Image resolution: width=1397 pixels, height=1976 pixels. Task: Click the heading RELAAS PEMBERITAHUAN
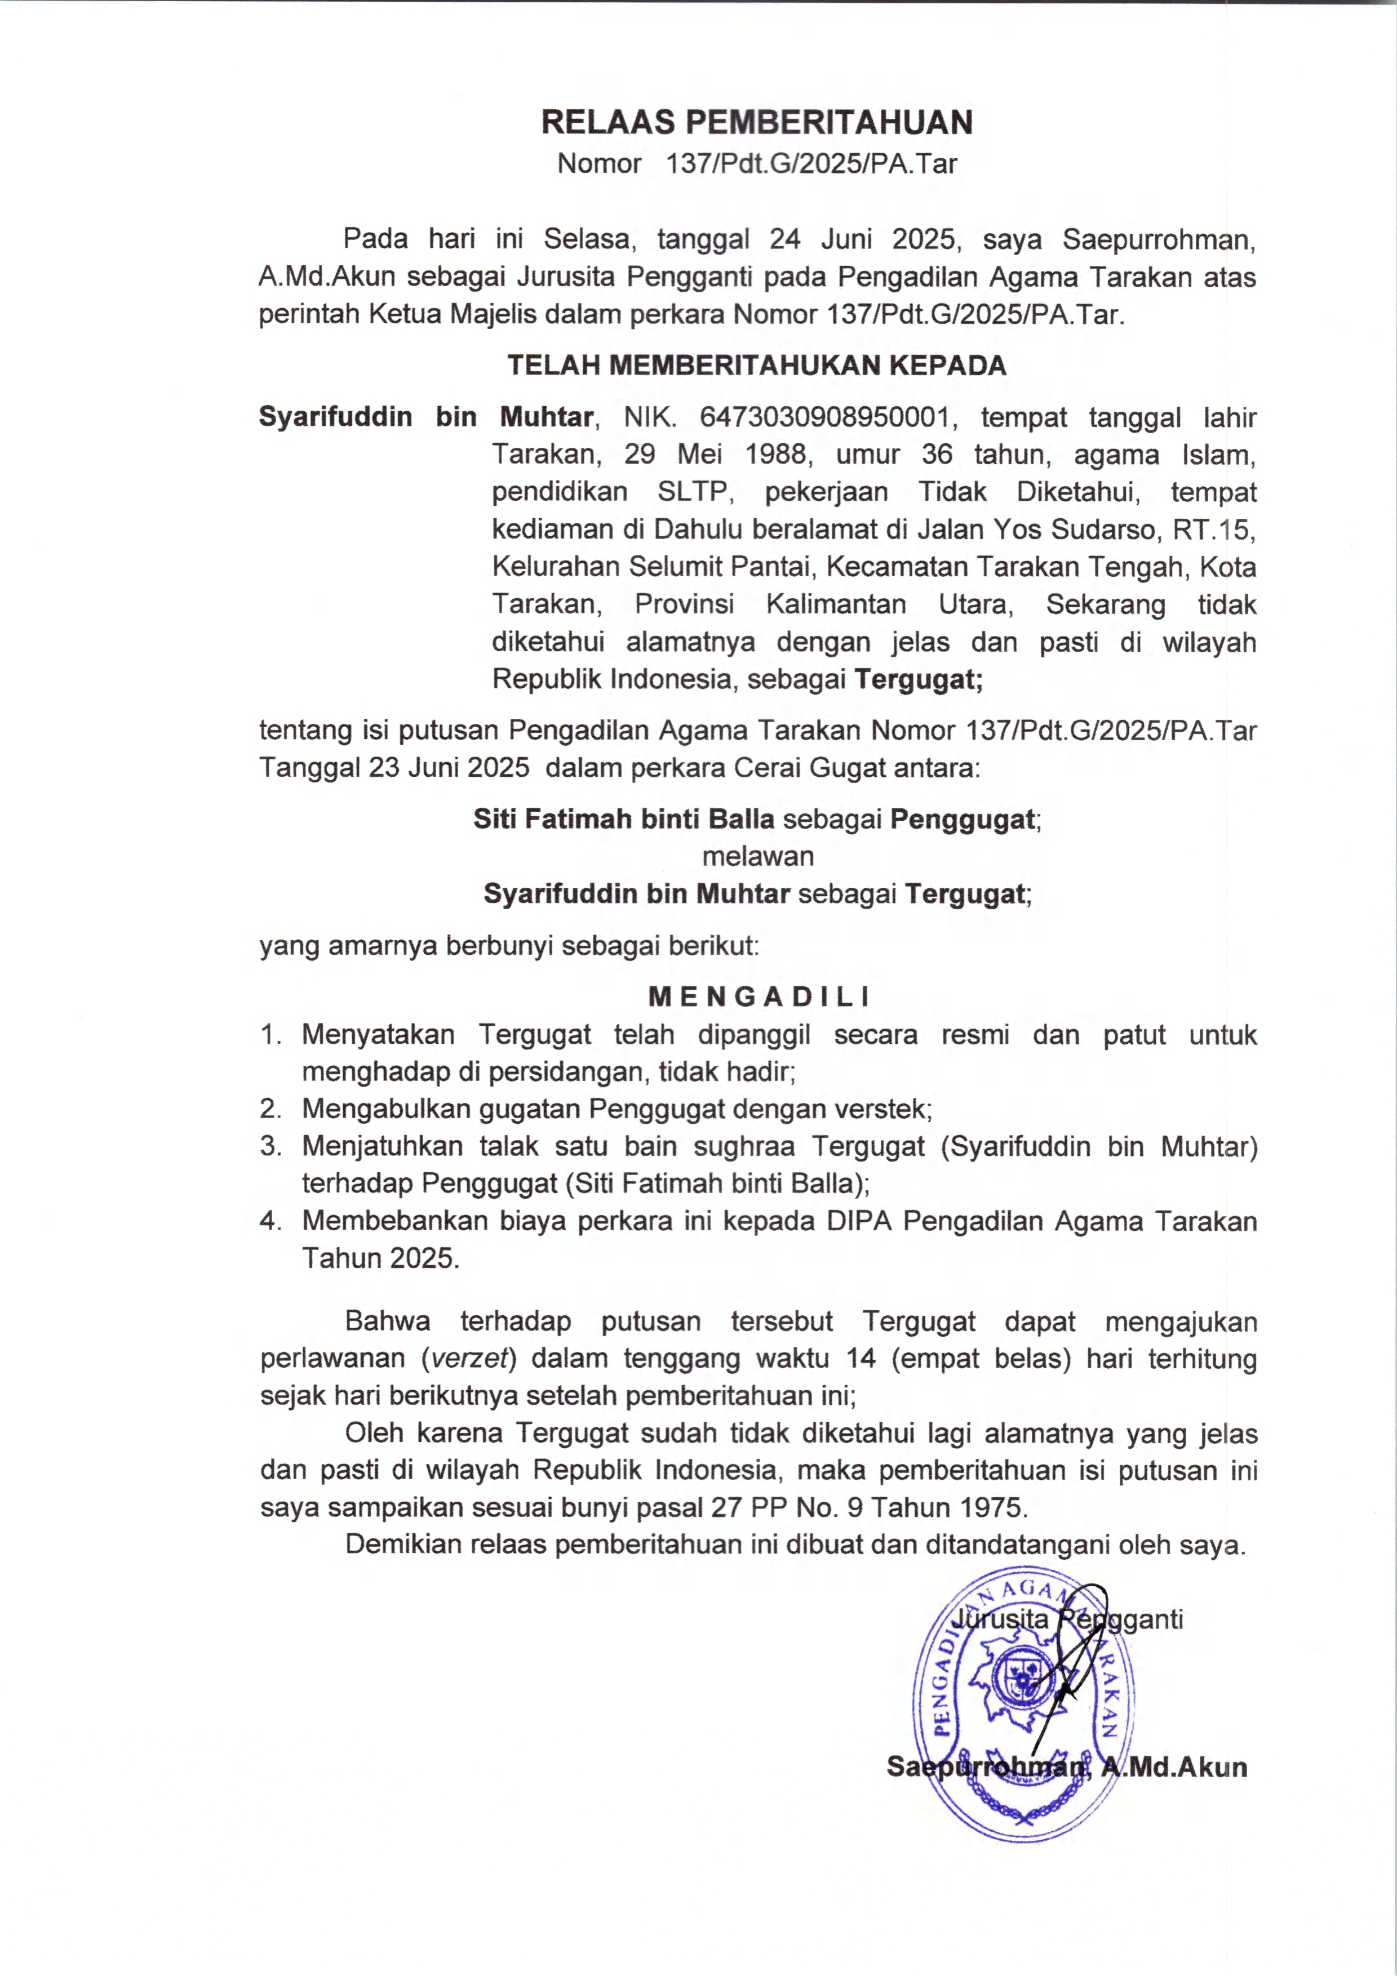tap(757, 123)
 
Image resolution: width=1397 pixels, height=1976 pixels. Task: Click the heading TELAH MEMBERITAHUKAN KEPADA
tap(757, 366)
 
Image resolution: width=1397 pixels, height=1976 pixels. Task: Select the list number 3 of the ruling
tap(270, 1146)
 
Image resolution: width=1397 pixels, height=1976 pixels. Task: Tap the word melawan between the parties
tap(757, 856)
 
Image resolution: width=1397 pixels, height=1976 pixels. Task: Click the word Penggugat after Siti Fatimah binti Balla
tap(961, 820)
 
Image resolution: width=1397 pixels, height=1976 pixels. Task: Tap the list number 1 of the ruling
tap(270, 1035)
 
